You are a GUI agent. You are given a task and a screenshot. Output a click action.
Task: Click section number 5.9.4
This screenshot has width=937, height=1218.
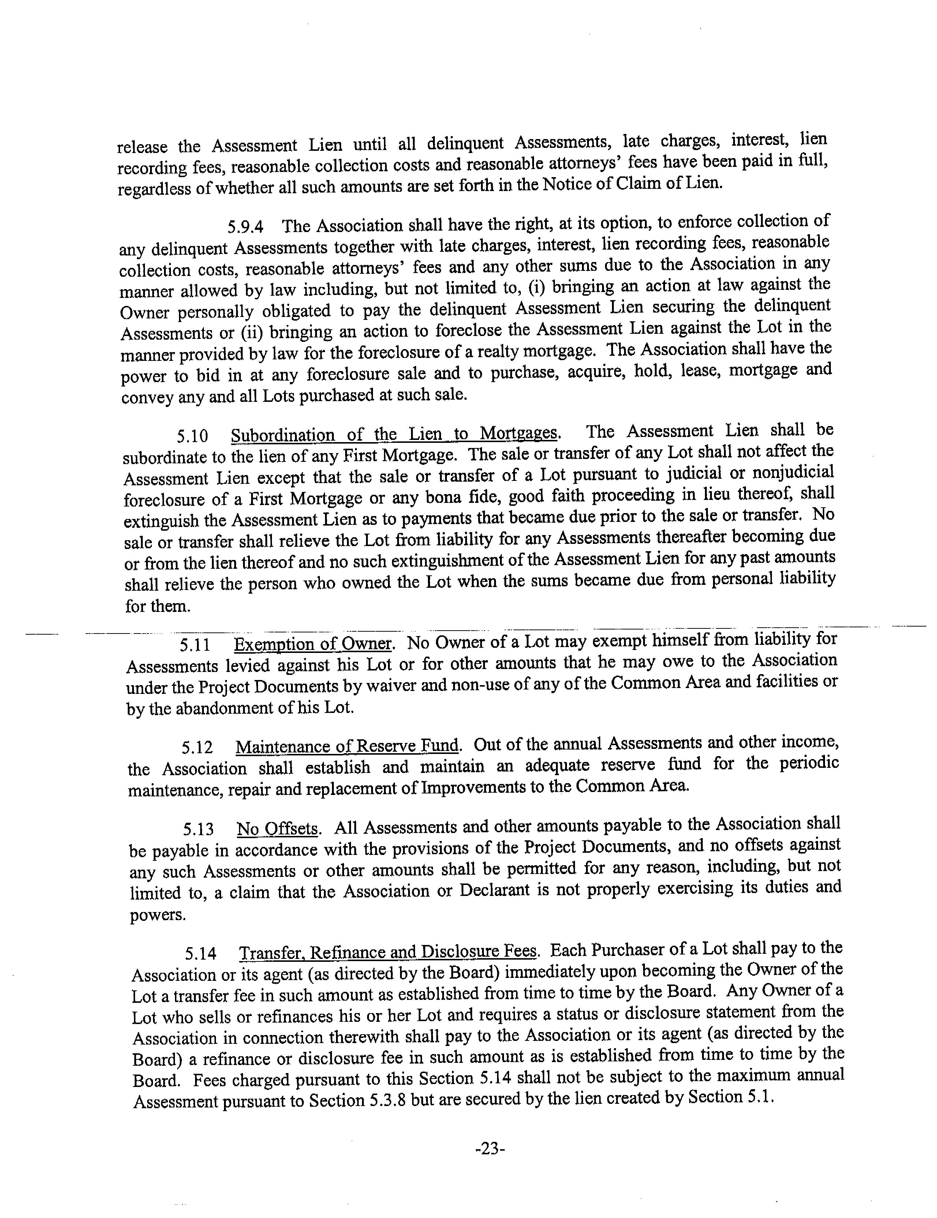[x=245, y=227]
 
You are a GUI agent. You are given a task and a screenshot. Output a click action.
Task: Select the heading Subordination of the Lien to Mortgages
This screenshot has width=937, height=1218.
[x=394, y=433]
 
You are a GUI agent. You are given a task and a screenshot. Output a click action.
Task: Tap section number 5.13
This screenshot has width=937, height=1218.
[x=198, y=830]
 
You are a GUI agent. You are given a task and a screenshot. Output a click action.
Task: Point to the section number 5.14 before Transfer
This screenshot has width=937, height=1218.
[x=201, y=954]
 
